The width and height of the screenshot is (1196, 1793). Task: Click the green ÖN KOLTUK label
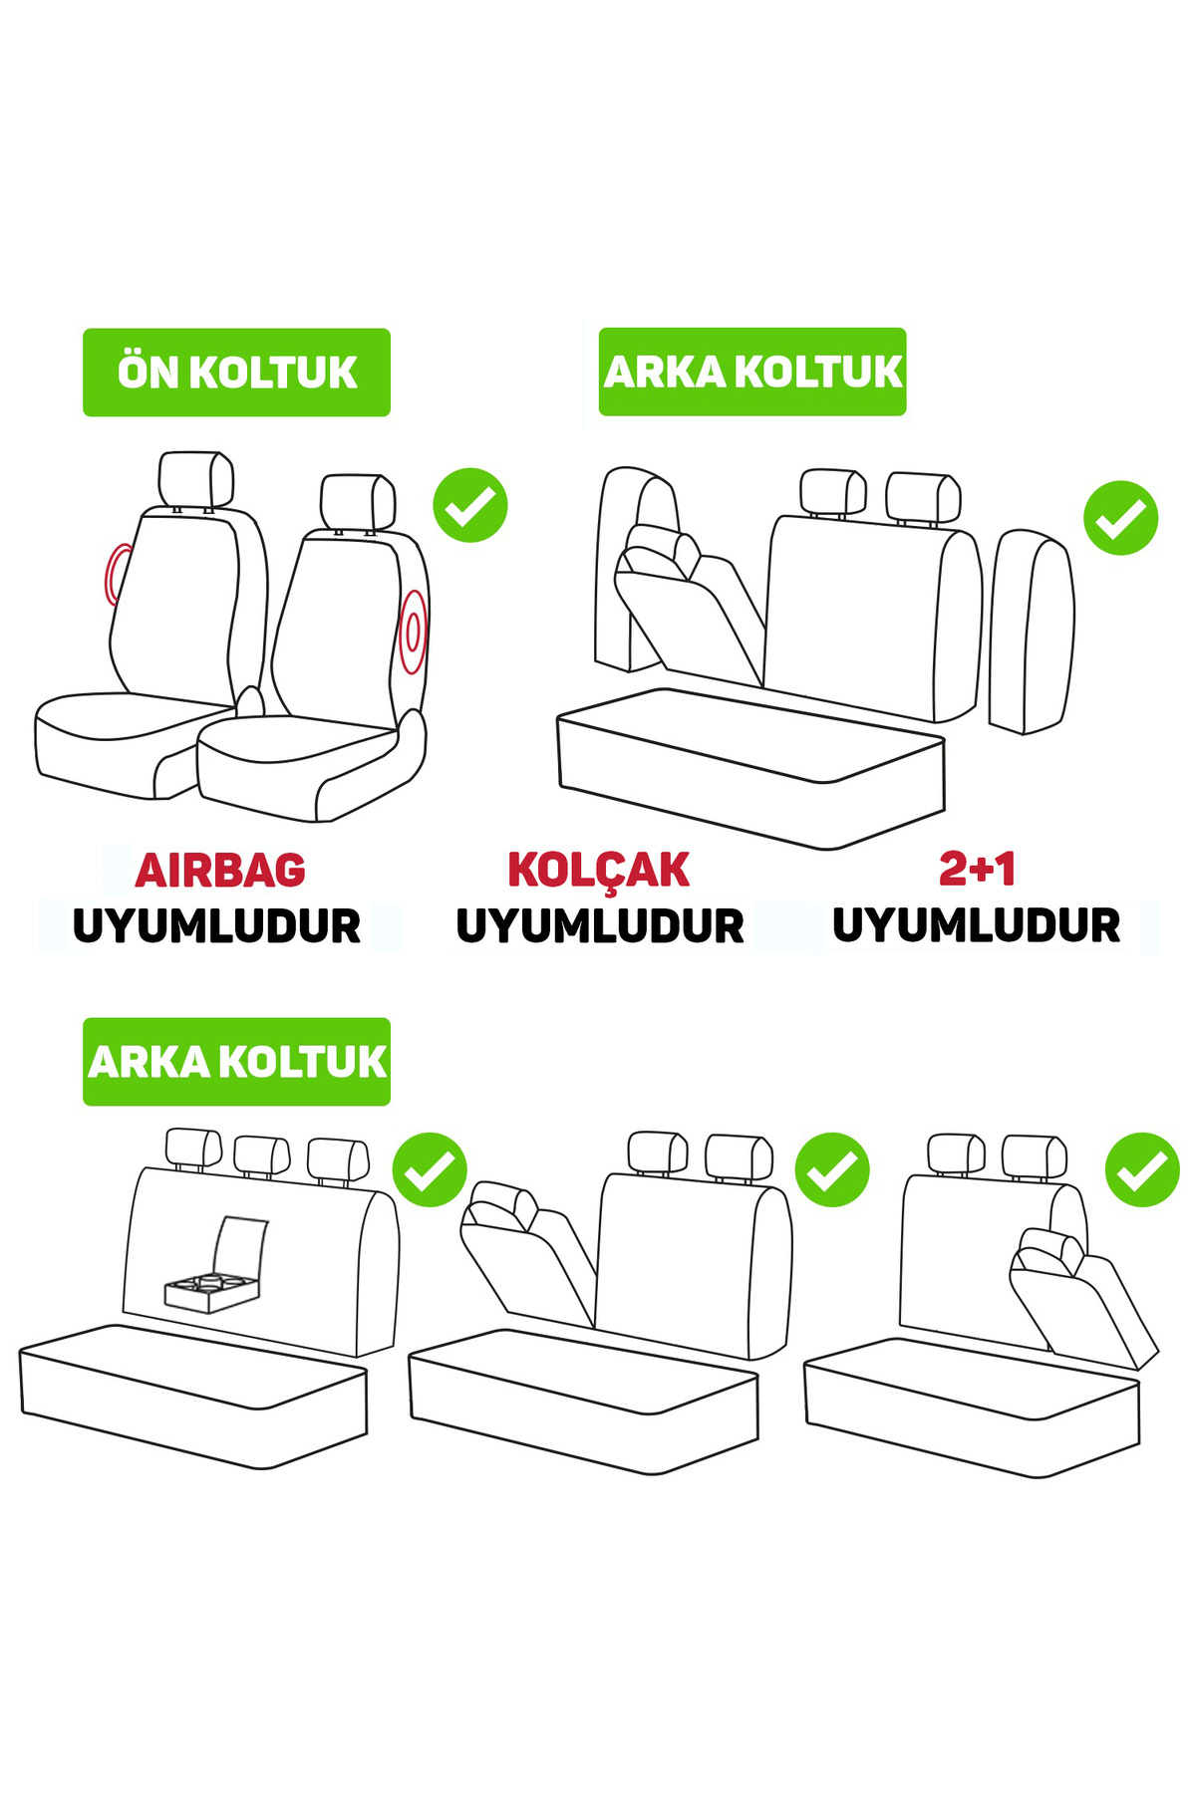click(236, 372)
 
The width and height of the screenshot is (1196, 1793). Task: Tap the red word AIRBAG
click(220, 871)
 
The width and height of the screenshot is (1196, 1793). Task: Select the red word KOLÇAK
click(598, 870)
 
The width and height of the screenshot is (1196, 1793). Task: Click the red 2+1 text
click(977, 869)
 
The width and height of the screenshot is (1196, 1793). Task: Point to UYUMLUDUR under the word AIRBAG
click(216, 926)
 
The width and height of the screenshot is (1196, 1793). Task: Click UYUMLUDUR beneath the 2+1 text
click(977, 925)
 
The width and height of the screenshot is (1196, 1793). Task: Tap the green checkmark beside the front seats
click(470, 505)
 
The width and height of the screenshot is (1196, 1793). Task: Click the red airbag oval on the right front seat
click(413, 632)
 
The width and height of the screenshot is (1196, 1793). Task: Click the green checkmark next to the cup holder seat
click(430, 1169)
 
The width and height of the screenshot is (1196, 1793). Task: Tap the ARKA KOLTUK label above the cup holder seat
click(236, 1062)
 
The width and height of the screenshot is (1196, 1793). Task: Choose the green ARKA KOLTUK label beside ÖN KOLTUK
click(752, 372)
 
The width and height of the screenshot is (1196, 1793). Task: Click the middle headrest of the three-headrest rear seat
click(261, 1155)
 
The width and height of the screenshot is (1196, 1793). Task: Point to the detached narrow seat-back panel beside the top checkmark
click(1032, 633)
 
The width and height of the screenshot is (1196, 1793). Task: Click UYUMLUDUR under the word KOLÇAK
click(600, 926)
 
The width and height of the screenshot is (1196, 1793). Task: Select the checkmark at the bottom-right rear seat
click(1142, 1169)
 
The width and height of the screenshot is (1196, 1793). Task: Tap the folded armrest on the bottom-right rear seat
click(1081, 1297)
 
